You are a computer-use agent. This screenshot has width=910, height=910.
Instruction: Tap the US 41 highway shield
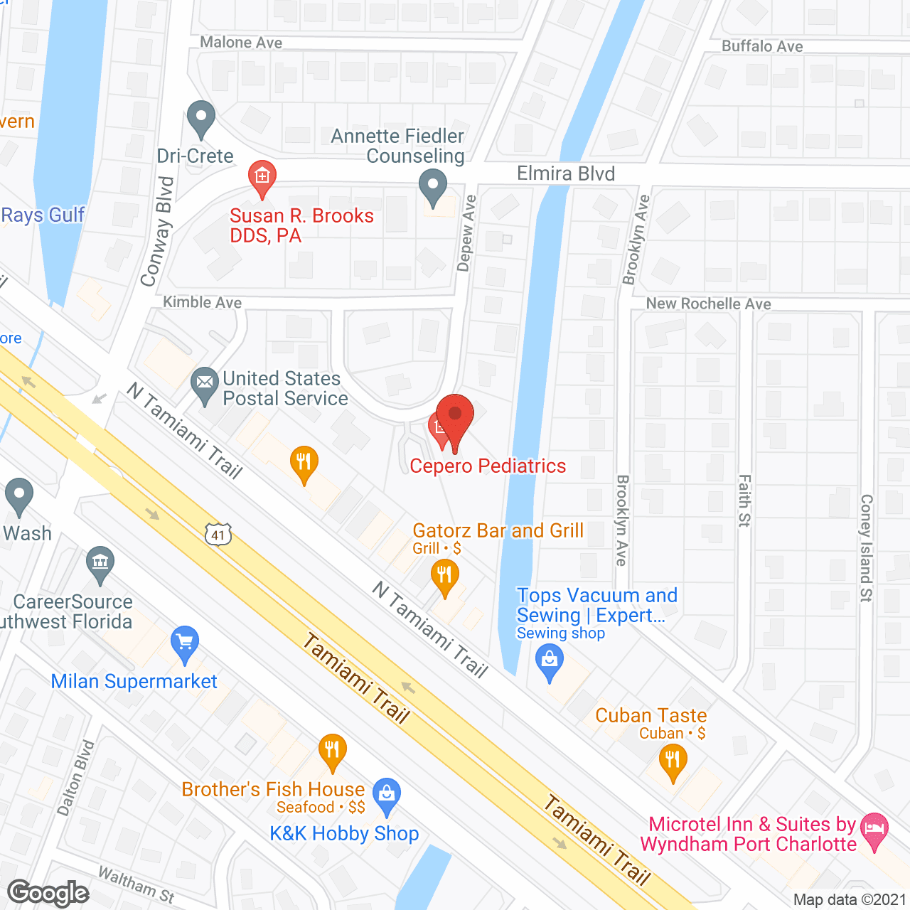218,535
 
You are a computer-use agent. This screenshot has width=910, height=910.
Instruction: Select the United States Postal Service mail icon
205,383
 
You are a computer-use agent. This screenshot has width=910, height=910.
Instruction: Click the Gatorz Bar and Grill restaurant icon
444,574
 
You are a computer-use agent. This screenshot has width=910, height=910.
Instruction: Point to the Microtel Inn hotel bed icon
874,828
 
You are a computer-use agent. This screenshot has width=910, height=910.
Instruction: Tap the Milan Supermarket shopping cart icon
185,642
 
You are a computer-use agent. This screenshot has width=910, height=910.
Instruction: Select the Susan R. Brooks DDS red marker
262,176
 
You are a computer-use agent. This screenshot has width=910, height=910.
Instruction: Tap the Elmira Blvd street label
565,173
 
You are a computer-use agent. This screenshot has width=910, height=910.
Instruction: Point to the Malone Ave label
241,43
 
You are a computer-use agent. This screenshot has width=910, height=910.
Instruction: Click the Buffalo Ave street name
762,46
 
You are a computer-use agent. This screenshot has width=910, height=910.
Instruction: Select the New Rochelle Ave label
708,304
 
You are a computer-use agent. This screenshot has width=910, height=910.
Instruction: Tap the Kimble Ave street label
203,303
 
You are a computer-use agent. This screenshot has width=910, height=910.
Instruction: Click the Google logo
48,893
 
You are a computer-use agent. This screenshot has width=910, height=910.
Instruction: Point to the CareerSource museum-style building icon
100,562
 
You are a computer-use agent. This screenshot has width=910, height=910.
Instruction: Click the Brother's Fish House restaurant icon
332,749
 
